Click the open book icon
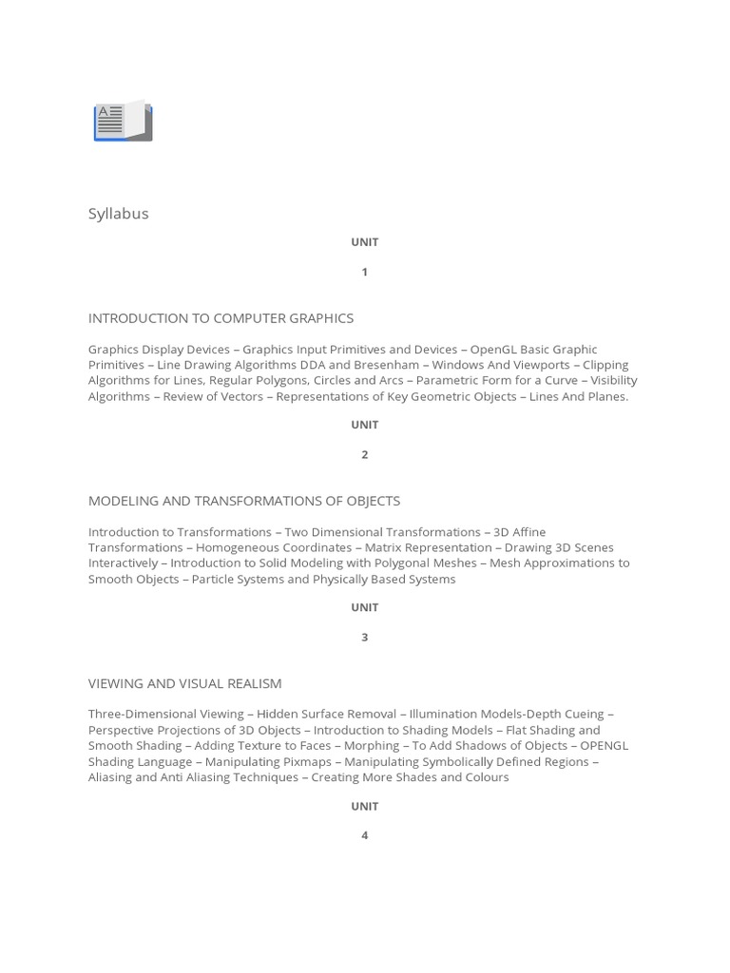123,121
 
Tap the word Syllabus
118,213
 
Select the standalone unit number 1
364,272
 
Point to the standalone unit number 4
364,835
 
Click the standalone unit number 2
364,454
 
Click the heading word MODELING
125,500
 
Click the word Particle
214,579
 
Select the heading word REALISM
250,682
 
